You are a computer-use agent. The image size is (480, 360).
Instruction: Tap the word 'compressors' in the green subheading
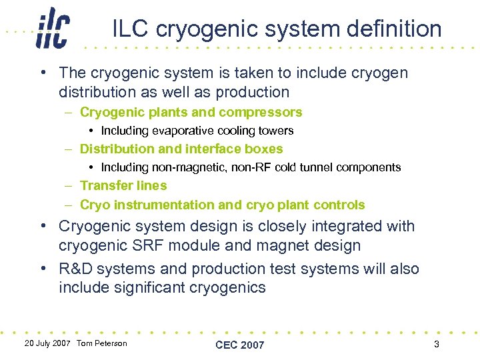tap(266, 112)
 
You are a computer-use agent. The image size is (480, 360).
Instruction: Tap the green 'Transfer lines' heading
tap(123, 186)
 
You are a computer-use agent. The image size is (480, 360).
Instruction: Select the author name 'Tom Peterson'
tap(102, 343)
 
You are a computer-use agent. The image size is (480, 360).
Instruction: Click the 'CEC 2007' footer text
tap(239, 345)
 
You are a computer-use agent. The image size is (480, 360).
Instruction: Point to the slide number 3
tap(436, 344)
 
